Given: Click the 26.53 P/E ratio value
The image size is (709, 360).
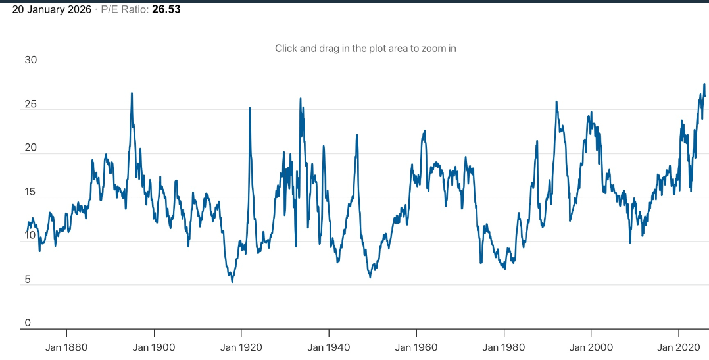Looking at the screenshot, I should pyautogui.click(x=166, y=9).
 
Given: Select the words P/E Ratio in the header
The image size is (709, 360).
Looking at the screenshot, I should pyautogui.click(x=125, y=9).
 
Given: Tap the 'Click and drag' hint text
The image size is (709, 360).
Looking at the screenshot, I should pyautogui.click(x=366, y=48).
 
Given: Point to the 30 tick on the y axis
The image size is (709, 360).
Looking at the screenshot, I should pyautogui.click(x=30, y=60).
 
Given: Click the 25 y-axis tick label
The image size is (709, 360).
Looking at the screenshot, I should pyautogui.click(x=30, y=105).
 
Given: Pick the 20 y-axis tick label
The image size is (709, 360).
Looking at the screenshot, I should pyautogui.click(x=30, y=148).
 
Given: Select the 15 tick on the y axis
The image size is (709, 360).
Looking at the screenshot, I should pyautogui.click(x=30, y=192).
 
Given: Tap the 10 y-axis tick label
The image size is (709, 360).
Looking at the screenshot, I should pyautogui.click(x=30, y=236).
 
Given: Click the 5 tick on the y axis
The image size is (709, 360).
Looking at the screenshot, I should pyautogui.click(x=28, y=280).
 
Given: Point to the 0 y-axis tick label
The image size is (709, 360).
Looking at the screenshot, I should pyautogui.click(x=28, y=323).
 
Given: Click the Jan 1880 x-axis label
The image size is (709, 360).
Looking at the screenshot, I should pyautogui.click(x=66, y=347).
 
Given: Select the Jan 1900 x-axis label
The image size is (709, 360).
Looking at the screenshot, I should pyautogui.click(x=154, y=347).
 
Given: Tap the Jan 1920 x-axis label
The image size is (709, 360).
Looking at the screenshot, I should pyautogui.click(x=241, y=347).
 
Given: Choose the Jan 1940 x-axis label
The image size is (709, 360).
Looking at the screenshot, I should pyautogui.click(x=329, y=347).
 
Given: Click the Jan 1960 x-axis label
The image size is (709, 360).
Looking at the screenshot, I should pyautogui.click(x=416, y=347).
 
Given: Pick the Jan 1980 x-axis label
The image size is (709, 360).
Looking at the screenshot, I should pyautogui.click(x=504, y=347).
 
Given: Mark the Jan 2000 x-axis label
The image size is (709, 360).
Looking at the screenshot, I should pyautogui.click(x=591, y=347).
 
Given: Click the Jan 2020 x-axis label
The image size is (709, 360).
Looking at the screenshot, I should pyautogui.click(x=678, y=347).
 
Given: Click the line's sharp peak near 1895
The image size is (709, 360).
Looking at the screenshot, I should pyautogui.click(x=132, y=93).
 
